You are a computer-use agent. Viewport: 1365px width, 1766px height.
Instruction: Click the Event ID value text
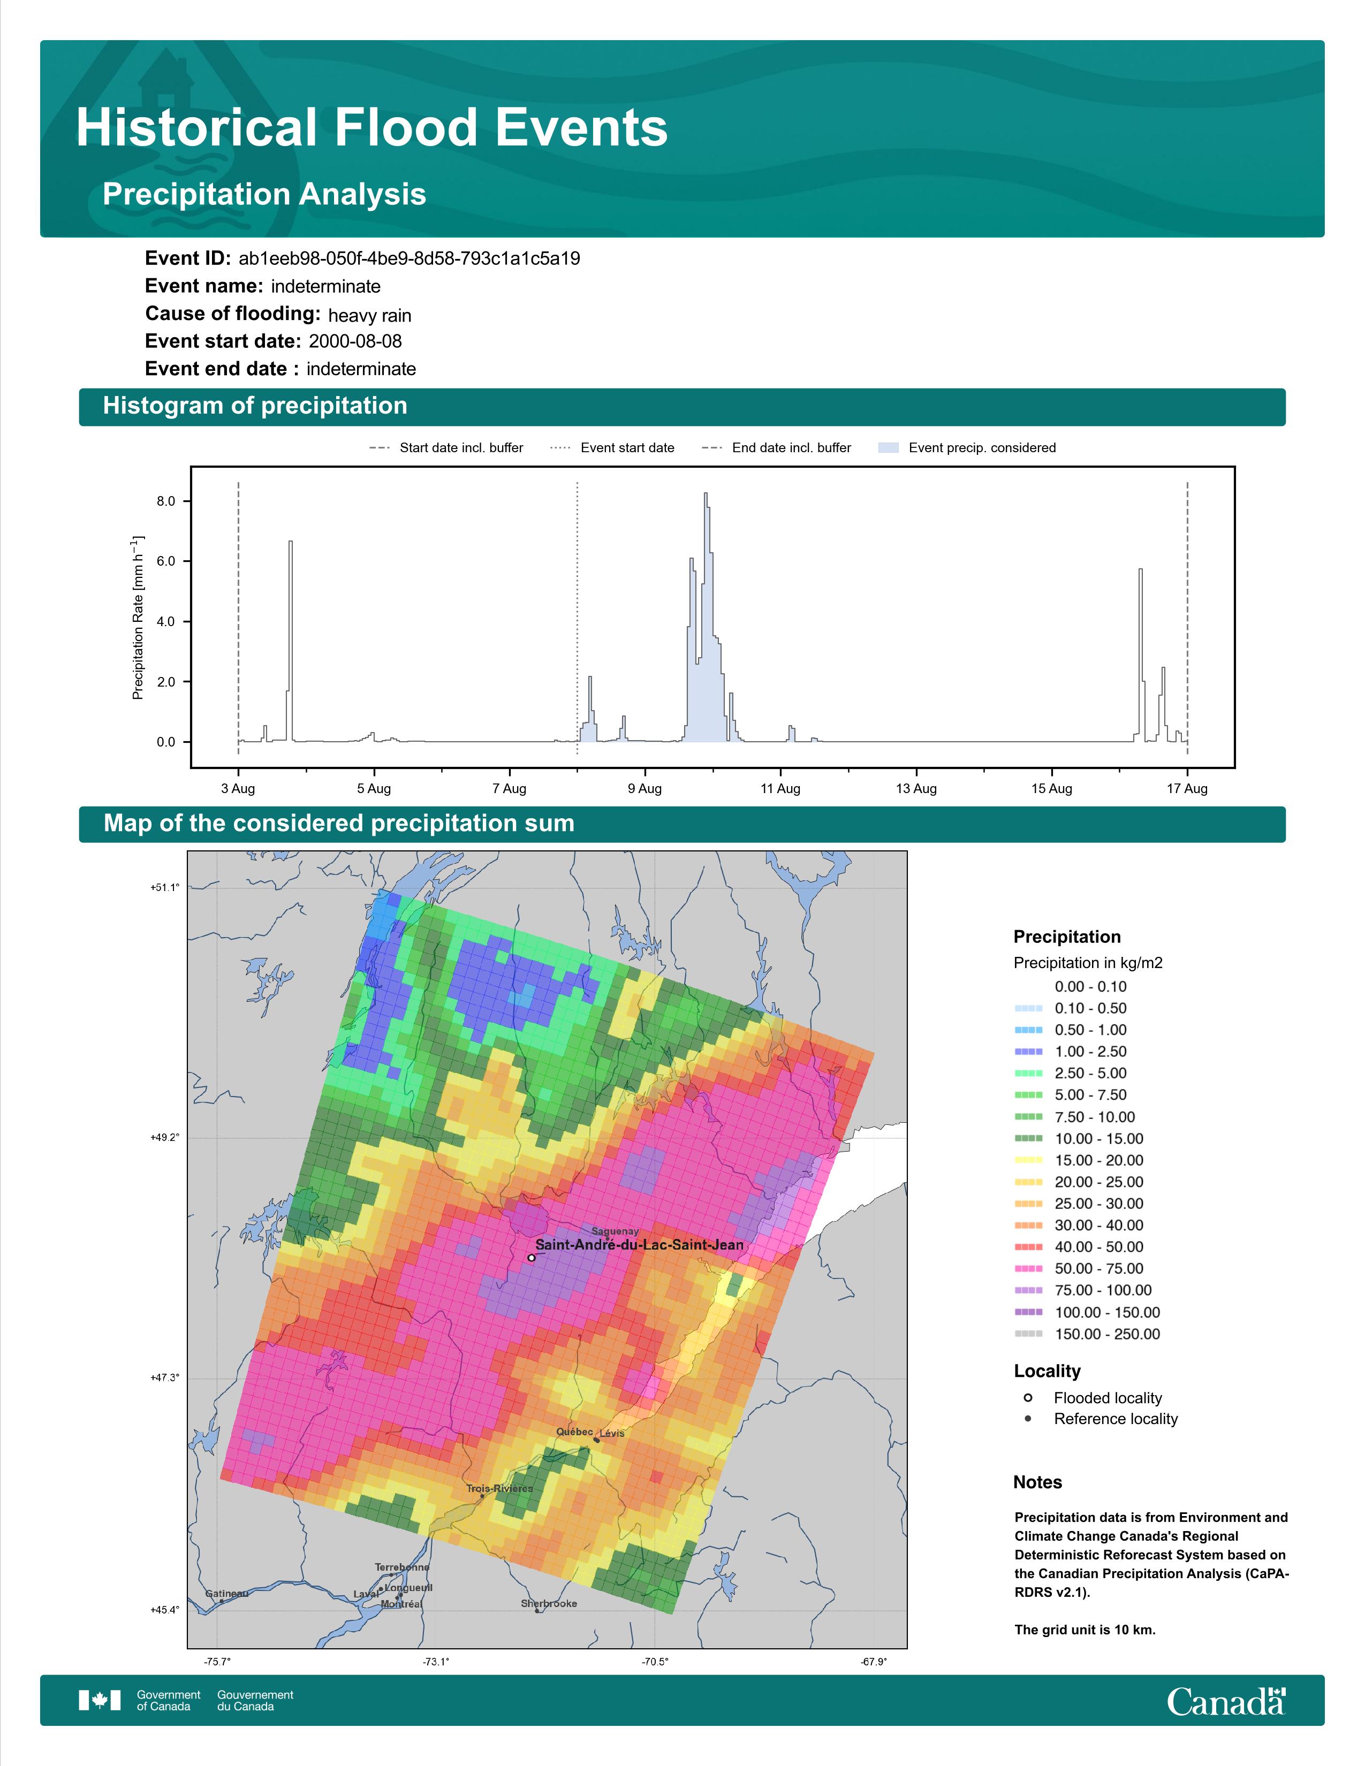(x=409, y=259)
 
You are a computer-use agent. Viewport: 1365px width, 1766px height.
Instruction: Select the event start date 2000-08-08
(x=355, y=341)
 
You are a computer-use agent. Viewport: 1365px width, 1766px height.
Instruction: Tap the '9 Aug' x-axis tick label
(x=644, y=788)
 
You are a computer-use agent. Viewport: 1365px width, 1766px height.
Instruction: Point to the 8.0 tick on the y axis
(x=166, y=501)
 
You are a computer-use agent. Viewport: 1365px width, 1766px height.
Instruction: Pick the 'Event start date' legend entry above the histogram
(x=612, y=448)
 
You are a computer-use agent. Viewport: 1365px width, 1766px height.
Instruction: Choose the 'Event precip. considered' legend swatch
(x=888, y=448)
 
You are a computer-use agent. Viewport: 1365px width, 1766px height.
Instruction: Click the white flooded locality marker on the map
(x=532, y=1258)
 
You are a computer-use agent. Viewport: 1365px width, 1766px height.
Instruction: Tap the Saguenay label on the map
(x=615, y=1231)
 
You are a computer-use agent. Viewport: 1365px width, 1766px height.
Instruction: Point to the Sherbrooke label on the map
(x=549, y=1603)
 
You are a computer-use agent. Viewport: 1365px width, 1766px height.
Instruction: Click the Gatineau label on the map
(x=226, y=1594)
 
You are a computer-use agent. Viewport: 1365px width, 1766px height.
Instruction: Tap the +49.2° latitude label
(x=165, y=1137)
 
